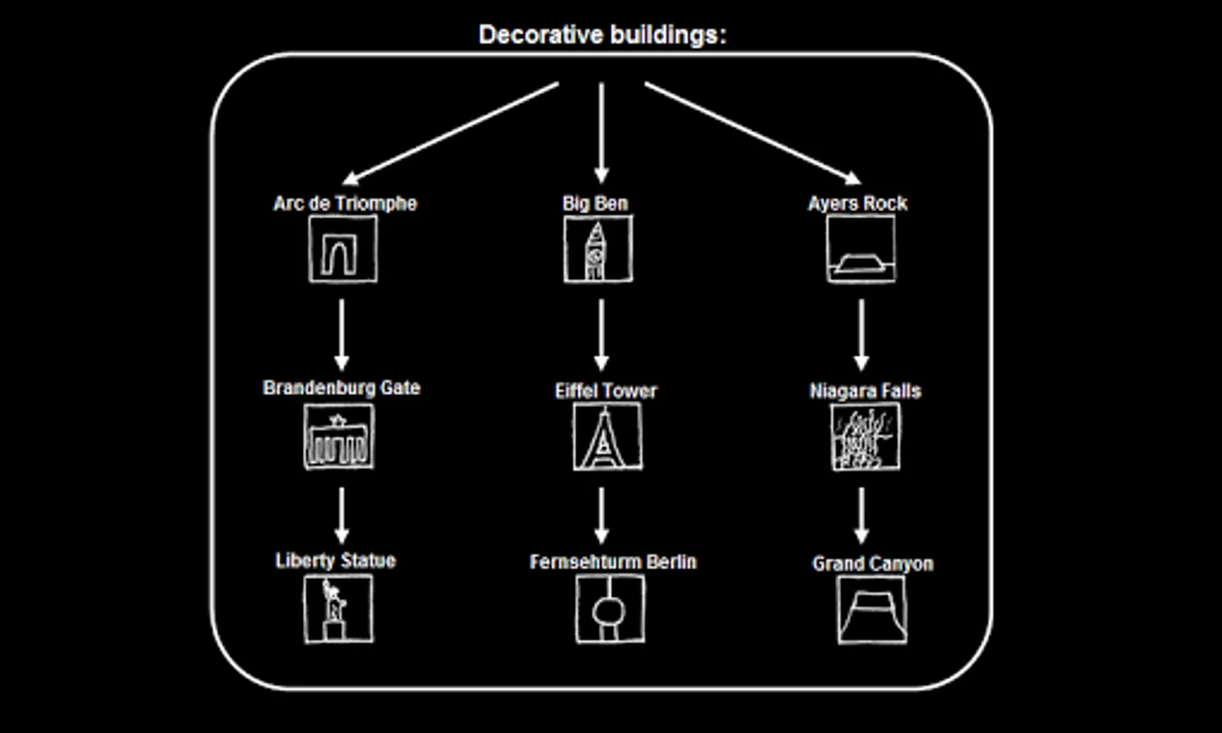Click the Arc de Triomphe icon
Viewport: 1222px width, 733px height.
pos(343,250)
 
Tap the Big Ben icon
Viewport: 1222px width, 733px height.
pos(598,250)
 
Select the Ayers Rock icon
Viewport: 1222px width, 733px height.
pos(861,250)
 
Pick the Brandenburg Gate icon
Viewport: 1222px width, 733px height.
pos(339,438)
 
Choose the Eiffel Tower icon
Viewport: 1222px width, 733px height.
pos(607,437)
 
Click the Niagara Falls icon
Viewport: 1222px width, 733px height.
pos(865,438)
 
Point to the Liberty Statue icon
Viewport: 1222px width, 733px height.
pos(338,608)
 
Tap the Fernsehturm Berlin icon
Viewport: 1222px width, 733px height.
pos(610,608)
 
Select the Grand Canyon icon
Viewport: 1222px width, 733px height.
pos(872,610)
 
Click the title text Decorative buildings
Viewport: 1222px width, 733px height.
pos(602,35)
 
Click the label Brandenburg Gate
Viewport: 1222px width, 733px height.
pos(342,388)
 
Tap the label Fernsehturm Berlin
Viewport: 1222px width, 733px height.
pos(613,562)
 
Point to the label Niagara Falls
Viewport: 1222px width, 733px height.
pos(865,391)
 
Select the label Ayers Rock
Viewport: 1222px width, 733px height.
pos(857,204)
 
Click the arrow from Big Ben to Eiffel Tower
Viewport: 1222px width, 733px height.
pos(602,335)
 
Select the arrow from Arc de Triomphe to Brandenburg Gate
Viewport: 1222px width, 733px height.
pos(342,335)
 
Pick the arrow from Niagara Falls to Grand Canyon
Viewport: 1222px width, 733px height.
pos(861,516)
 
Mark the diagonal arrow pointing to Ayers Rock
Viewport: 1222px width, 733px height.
pos(752,133)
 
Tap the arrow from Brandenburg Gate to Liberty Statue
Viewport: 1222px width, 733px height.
pos(342,516)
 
